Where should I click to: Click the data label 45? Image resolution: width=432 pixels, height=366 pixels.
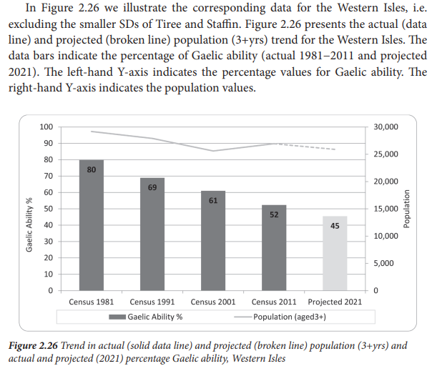coord(335,226)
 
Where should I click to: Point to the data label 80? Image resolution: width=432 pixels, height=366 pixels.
coord(91,169)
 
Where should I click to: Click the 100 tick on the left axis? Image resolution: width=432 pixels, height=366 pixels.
coord(46,127)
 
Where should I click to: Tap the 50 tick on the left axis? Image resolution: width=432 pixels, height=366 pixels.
coord(48,209)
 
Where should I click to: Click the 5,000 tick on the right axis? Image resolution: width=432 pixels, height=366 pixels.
coord(388,263)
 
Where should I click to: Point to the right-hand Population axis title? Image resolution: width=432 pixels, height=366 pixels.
coord(408,209)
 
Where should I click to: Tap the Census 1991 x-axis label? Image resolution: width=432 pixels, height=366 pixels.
coord(152,302)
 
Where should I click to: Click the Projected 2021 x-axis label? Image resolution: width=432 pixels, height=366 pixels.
coord(335,302)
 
